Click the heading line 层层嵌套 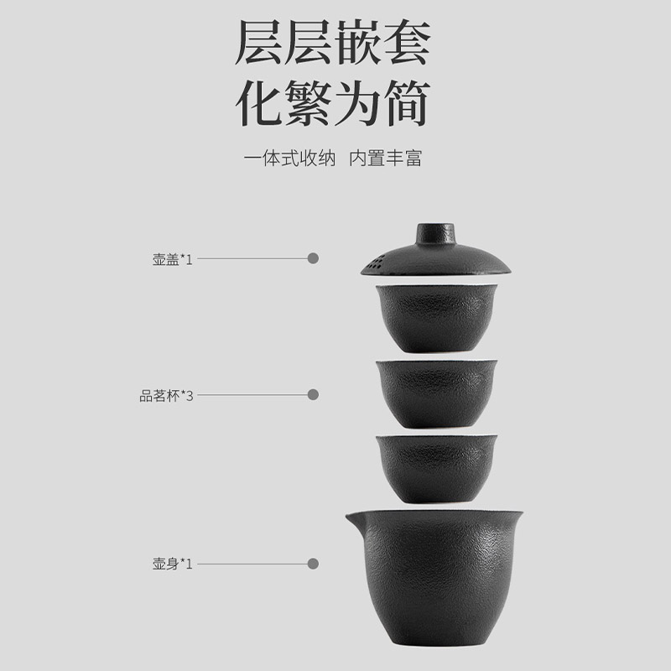pyautogui.click(x=333, y=42)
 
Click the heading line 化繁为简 pyautogui.click(x=333, y=103)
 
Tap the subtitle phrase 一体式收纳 pyautogui.click(x=289, y=158)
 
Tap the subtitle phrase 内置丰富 pyautogui.click(x=386, y=158)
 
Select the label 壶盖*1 pyautogui.click(x=173, y=259)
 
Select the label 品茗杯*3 pyautogui.click(x=166, y=396)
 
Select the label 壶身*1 pyautogui.click(x=173, y=564)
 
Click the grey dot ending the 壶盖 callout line pyautogui.click(x=313, y=258)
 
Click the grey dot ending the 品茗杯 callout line pyautogui.click(x=313, y=394)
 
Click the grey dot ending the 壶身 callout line pyautogui.click(x=313, y=564)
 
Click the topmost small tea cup pyautogui.click(x=436, y=319)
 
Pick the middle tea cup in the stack pyautogui.click(x=436, y=393)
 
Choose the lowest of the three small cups pyautogui.click(x=436, y=469)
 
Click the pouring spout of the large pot pyautogui.click(x=355, y=521)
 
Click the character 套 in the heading pyautogui.click(x=407, y=42)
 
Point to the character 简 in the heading pyautogui.click(x=407, y=103)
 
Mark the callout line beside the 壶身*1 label pyautogui.click(x=252, y=564)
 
